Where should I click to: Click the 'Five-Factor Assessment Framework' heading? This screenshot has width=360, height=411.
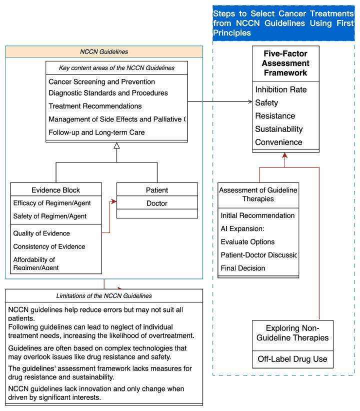coord(285,63)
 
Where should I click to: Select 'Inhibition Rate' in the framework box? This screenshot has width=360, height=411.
coord(280,90)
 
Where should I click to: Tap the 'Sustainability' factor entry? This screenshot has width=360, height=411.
coord(278,129)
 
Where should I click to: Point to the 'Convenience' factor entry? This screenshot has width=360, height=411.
coord(278,142)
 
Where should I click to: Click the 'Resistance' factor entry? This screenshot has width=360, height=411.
coord(275,116)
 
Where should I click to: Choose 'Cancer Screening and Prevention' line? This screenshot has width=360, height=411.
coord(101,81)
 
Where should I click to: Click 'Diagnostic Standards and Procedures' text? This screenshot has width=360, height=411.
coord(108,93)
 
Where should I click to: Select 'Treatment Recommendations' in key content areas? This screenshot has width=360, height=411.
coord(95,106)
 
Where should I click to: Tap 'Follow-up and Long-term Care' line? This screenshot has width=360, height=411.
coord(96,132)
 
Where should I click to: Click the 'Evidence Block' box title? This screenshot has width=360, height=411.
coord(55,190)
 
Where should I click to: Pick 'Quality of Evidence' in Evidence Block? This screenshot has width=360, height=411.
coord(41,233)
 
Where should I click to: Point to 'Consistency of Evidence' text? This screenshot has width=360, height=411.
coord(49,246)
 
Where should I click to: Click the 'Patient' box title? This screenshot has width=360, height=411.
coord(157,190)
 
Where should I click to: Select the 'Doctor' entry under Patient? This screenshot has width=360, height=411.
coord(157,203)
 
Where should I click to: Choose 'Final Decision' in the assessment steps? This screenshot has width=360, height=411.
coord(243,268)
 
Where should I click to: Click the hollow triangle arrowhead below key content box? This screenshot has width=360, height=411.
coord(116,145)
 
